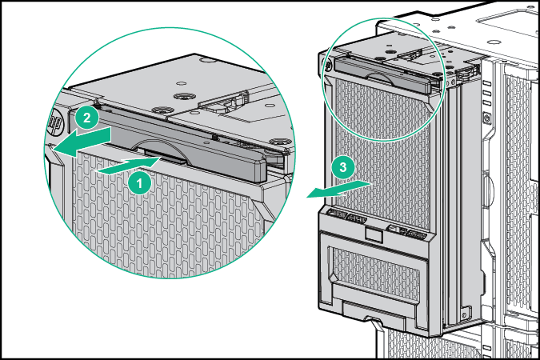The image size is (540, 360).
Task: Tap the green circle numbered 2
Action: pos(89,117)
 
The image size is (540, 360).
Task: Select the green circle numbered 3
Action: pos(342,166)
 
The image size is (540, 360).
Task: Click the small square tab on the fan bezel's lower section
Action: pos(372,234)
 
